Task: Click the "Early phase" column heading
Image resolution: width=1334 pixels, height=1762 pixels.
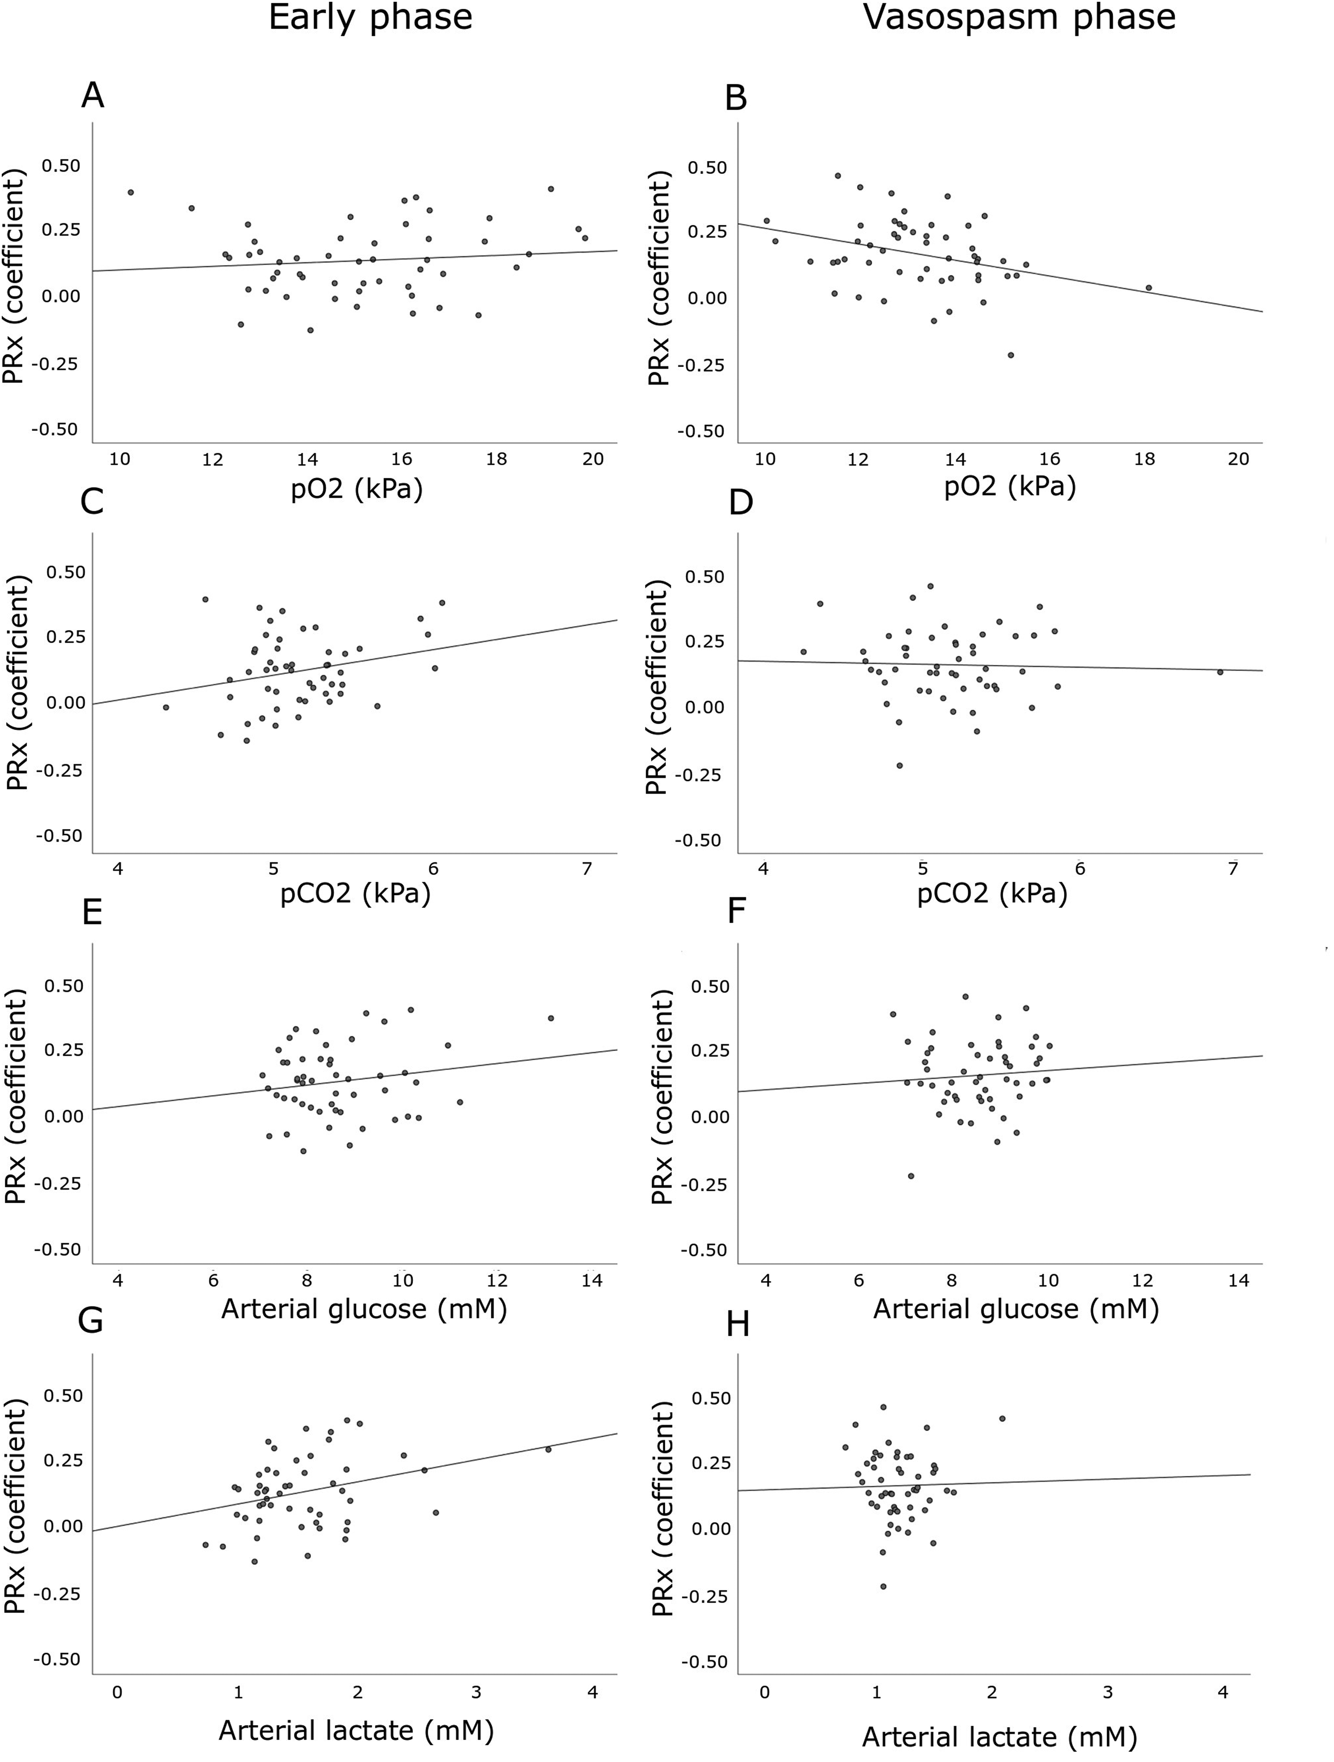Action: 370,17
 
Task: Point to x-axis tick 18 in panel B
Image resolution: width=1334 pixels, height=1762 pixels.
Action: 1144,460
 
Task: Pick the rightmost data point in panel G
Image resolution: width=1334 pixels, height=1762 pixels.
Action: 548,1449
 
